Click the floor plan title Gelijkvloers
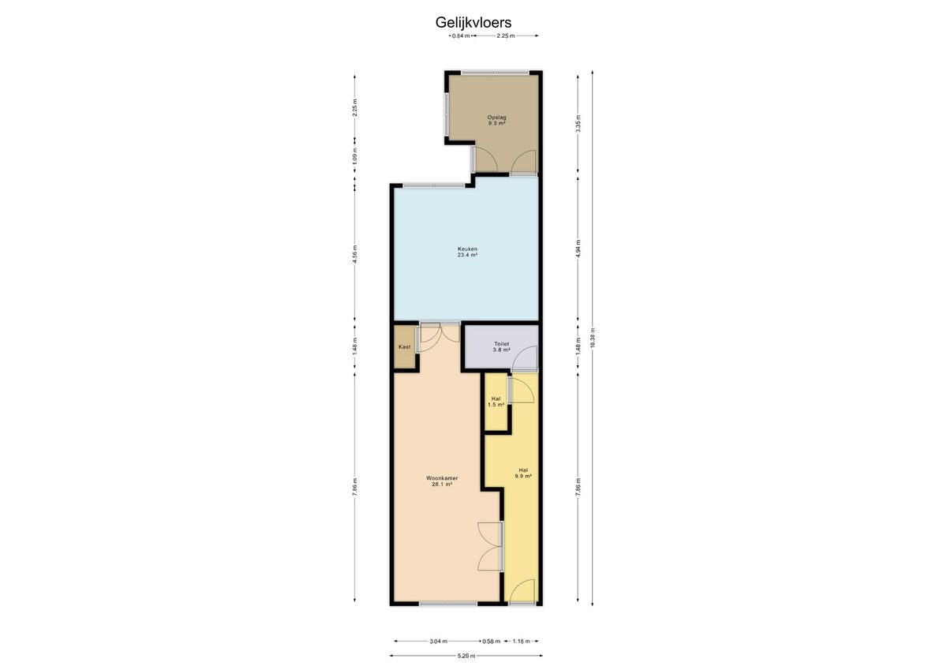click(473, 22)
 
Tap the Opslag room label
click(496, 121)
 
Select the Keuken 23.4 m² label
click(467, 252)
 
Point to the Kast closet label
click(404, 347)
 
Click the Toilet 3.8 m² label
click(501, 347)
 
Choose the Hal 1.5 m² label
click(496, 402)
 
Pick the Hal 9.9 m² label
click(523, 473)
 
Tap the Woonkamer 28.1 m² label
click(442, 481)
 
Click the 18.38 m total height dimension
click(593, 338)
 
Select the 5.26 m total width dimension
click(466, 656)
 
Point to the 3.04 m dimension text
click(439, 641)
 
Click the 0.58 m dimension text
click(491, 641)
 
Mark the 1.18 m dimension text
click(521, 641)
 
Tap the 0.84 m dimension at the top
click(461, 36)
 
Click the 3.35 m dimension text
click(578, 123)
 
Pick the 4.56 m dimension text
click(354, 254)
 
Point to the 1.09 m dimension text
click(354, 155)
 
